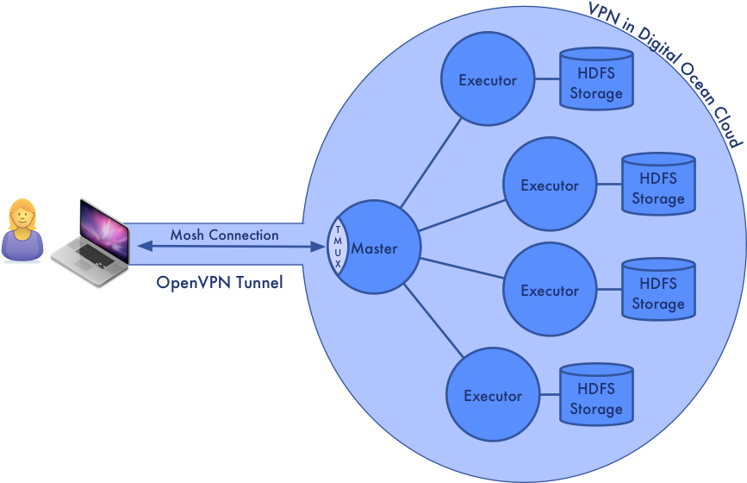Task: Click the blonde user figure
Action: (x=22, y=230)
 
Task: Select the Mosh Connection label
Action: (x=224, y=235)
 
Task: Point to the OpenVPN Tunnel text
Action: (x=220, y=282)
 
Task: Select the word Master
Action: (x=375, y=248)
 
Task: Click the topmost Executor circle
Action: (x=487, y=80)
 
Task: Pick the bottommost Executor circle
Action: (x=492, y=396)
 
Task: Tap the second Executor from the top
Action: (x=550, y=185)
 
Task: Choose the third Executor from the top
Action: (x=550, y=291)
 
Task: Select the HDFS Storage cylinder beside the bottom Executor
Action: (x=595, y=398)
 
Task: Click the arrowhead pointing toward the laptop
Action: (x=144, y=248)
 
